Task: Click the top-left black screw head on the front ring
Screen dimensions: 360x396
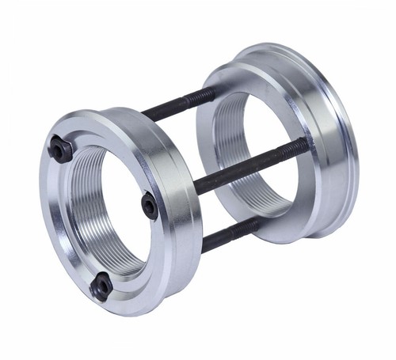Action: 61,149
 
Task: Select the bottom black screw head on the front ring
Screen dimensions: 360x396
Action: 101,286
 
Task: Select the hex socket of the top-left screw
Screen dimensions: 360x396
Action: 61,149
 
